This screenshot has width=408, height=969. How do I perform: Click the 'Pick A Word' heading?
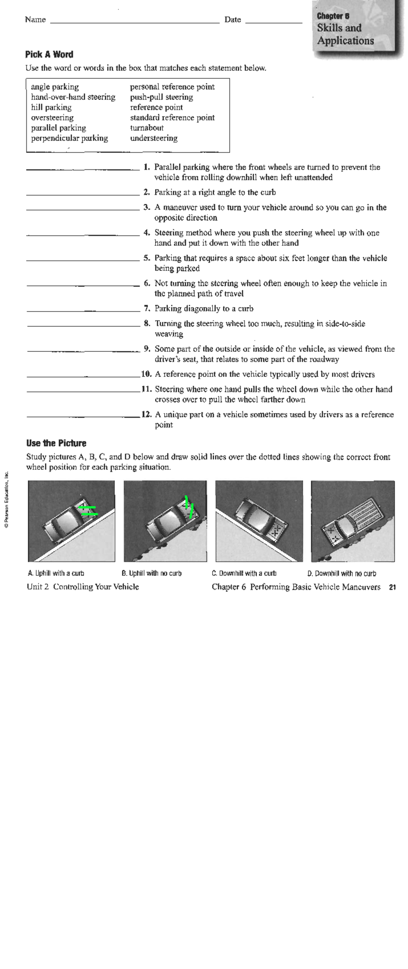coord(49,55)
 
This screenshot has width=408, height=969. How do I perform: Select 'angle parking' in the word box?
coord(55,87)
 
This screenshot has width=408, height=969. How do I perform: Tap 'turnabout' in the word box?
coord(147,128)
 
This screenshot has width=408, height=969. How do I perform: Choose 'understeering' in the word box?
coord(154,138)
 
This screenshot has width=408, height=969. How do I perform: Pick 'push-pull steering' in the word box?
coord(161,97)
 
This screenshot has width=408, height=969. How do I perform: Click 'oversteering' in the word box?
coord(52,118)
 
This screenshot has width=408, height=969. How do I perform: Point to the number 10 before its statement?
coord(146,374)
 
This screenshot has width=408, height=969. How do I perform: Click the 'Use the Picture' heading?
coord(56,443)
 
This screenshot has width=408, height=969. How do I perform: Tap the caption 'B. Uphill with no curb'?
coord(151,573)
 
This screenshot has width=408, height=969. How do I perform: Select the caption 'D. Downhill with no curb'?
coord(341,574)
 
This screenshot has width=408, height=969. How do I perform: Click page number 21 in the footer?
coord(392,587)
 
